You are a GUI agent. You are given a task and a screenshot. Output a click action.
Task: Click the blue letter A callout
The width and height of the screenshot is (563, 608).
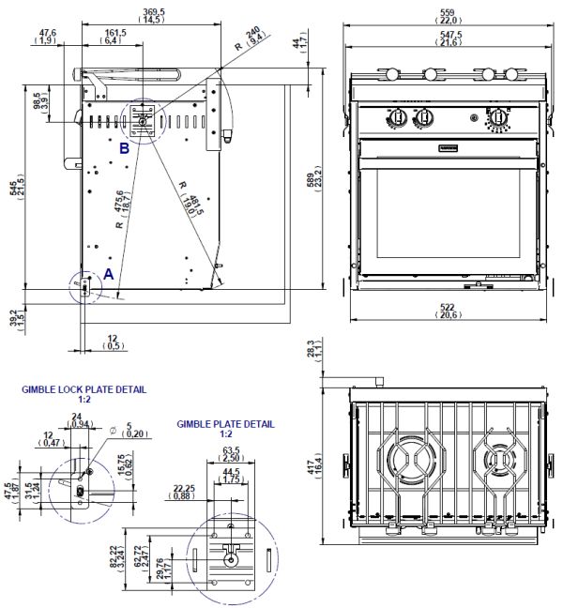tap(109, 274)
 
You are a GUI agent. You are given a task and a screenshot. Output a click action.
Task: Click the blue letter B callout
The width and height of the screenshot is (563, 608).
tap(124, 147)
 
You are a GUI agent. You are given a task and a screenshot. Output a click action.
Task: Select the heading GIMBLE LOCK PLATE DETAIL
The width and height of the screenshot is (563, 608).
tap(84, 388)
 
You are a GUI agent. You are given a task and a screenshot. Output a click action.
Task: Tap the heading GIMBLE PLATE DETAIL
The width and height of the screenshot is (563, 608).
tap(225, 424)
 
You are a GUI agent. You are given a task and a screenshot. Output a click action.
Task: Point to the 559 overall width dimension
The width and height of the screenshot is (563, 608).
tap(445, 13)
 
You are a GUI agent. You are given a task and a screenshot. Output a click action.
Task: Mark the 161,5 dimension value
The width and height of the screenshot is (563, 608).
tap(111, 33)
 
